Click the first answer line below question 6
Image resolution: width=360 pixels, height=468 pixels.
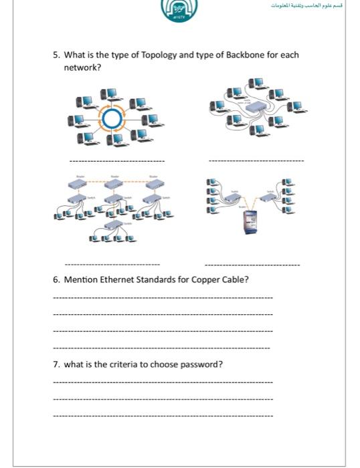162,298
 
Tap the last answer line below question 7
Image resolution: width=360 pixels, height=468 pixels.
162,417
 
